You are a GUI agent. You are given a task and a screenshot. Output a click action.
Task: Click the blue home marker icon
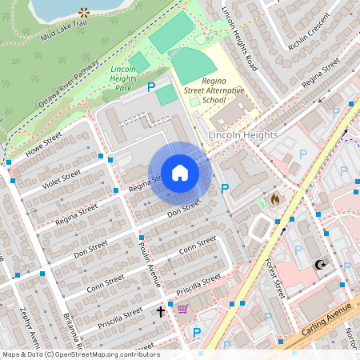coord(180,173)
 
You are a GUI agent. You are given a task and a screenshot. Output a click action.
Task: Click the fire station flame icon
coord(275,198)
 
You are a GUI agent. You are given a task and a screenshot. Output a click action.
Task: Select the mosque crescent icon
coord(322,264)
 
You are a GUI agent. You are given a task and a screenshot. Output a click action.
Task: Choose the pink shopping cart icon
coord(182,310)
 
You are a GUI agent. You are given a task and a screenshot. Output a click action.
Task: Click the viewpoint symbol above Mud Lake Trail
coord(85,12)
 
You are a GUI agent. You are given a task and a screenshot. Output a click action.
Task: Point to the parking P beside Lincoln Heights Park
coord(150,86)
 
